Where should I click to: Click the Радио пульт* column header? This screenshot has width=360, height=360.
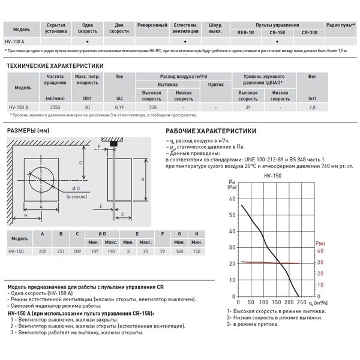340,26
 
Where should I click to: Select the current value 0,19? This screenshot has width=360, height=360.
119,107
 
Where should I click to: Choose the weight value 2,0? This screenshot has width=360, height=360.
328,107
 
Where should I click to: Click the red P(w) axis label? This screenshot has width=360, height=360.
320,243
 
